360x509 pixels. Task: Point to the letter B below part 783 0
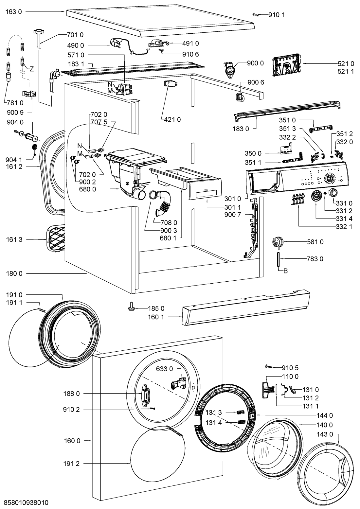click(x=285, y=271)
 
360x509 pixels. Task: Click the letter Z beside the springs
click(x=32, y=69)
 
